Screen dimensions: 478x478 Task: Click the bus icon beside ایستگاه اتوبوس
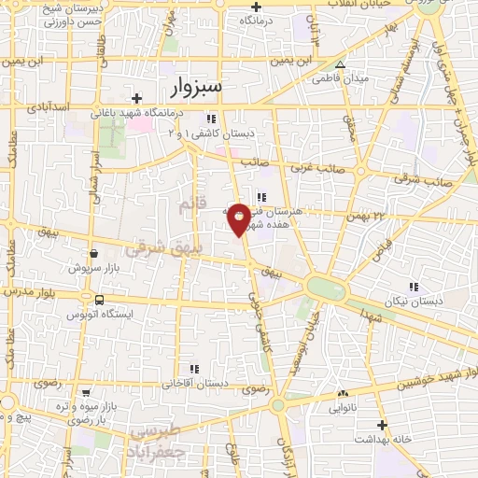point(99,300)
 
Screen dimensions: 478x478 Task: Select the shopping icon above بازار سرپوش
point(93,253)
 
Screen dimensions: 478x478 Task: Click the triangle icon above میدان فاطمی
point(340,65)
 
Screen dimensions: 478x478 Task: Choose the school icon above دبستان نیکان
point(413,286)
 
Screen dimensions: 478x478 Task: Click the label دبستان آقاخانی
point(195,383)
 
